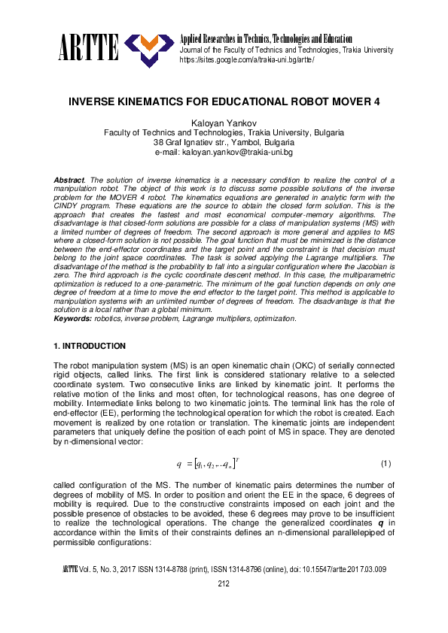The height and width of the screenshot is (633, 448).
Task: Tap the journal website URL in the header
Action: tap(246, 59)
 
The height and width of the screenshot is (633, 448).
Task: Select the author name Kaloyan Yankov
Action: tap(223, 121)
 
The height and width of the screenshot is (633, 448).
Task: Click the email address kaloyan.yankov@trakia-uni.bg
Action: tap(223, 152)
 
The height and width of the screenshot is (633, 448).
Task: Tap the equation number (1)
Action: tap(386, 462)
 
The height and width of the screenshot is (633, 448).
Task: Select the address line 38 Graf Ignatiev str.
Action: tap(223, 141)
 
